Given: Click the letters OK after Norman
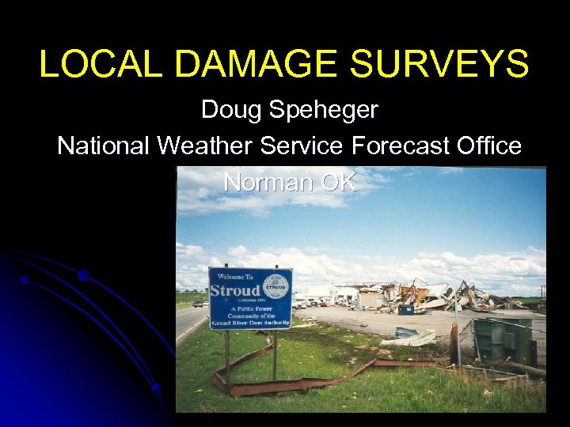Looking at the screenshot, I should pyautogui.click(x=339, y=182).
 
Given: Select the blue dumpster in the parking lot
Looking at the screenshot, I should pyautogui.click(x=406, y=309).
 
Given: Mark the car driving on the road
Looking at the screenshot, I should pyautogui.click(x=198, y=304).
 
